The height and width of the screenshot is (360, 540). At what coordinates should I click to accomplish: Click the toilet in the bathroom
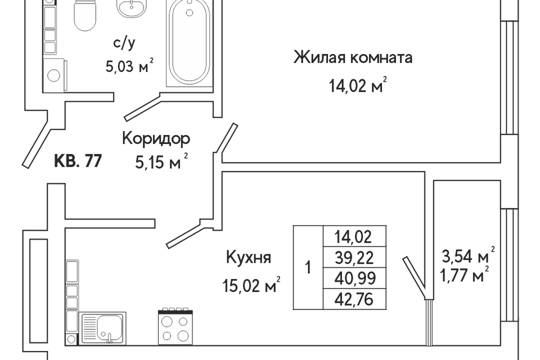[x=85, y=15]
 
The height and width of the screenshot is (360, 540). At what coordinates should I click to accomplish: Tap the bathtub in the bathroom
[x=189, y=43]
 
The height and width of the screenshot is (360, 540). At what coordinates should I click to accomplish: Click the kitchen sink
[x=103, y=328]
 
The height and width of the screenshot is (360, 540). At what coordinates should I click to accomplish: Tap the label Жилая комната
[x=353, y=57]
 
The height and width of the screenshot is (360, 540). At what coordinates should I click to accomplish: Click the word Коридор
[x=156, y=139]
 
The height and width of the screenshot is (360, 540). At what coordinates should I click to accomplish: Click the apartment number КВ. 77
[x=78, y=161]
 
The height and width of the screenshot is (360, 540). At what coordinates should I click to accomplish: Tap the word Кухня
[x=249, y=258]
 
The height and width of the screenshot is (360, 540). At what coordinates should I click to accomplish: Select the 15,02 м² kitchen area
[x=251, y=285]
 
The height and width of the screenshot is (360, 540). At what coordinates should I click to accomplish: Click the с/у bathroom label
[x=124, y=43]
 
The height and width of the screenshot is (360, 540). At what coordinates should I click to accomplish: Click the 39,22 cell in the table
[x=354, y=257]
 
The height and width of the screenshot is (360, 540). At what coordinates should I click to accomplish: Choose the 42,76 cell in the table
[x=354, y=299]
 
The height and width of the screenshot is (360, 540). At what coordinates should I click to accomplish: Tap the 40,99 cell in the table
[x=354, y=278]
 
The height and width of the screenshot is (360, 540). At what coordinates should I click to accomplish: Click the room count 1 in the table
[x=308, y=267]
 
